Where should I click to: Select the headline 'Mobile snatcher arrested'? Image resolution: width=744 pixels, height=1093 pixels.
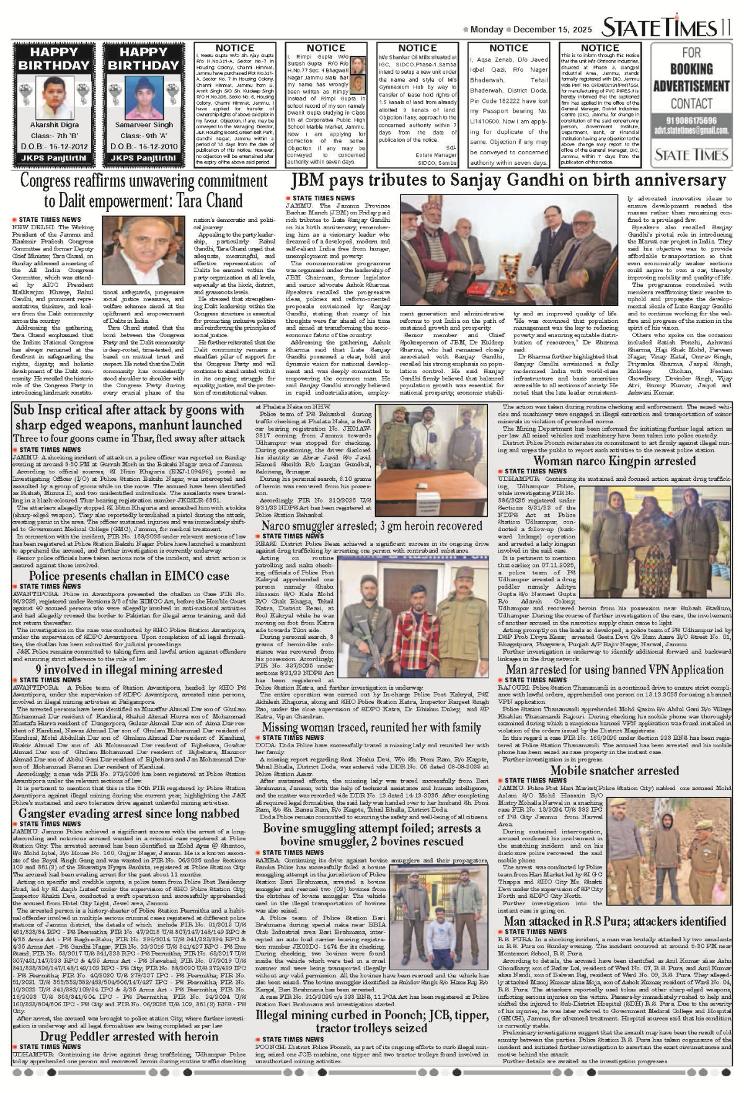coord(614,771)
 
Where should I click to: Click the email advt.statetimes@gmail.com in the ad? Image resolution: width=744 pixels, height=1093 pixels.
coord(691,131)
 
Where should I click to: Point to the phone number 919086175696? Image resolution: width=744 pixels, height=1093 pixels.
coord(691,121)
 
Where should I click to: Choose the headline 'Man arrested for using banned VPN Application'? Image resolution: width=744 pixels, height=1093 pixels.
coord(614,670)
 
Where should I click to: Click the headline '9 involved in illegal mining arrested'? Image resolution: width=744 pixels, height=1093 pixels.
coord(129,670)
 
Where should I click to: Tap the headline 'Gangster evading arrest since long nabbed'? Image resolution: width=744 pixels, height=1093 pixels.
coord(128,814)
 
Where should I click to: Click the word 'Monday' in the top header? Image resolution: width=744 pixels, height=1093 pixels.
coord(487,30)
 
